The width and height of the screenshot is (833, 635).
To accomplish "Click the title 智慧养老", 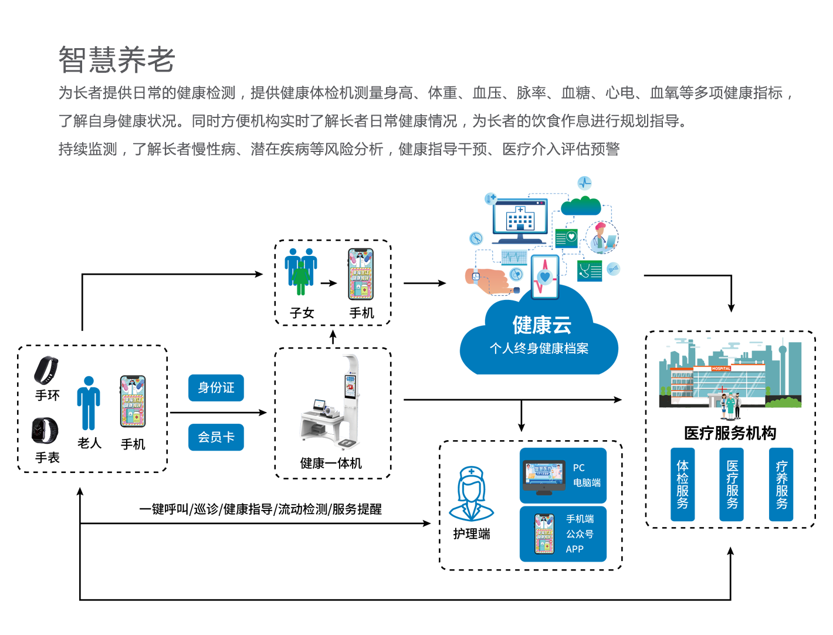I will (117, 60).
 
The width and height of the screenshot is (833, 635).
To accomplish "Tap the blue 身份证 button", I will (216, 388).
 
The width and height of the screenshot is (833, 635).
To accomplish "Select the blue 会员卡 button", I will (216, 437).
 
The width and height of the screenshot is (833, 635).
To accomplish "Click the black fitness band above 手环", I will (46, 370).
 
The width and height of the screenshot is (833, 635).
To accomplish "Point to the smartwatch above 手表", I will (45, 431).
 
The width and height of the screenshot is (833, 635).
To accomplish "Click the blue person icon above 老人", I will (89, 403).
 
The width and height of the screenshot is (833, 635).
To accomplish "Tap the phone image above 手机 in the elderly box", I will (133, 401).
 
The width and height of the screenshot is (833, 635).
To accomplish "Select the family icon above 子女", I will (301, 271).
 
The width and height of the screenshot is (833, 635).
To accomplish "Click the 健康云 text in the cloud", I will (541, 325).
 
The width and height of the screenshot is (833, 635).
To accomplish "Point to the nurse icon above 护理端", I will (471, 494).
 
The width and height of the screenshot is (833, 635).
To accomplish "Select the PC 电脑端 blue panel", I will (563, 475).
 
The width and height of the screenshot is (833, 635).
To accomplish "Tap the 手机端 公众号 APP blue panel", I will (563, 534).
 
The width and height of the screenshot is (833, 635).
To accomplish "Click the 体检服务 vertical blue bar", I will (682, 485).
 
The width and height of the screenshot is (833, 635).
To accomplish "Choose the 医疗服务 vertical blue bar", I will (732, 485).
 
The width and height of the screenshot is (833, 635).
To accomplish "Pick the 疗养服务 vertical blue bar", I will (781, 485).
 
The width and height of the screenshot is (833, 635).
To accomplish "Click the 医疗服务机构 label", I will (730, 433).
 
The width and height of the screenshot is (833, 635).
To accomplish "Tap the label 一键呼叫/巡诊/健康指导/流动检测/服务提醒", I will (260, 509).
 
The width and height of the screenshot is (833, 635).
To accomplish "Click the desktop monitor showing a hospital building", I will (520, 220).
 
